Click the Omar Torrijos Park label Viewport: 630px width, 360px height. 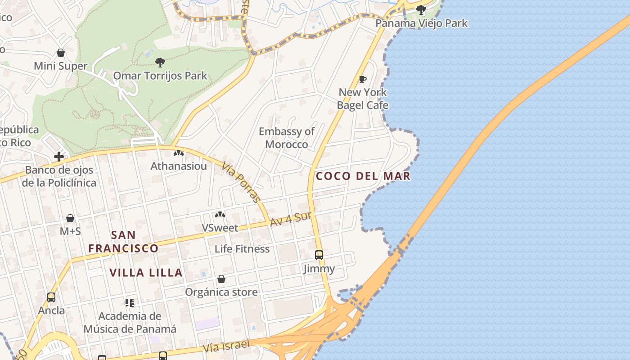[x=160, y=76]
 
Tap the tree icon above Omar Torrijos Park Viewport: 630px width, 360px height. [x=160, y=62]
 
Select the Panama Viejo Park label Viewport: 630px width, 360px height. [x=422, y=23]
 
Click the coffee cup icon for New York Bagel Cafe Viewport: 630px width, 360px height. [x=363, y=80]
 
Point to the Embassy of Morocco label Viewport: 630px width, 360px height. [x=287, y=138]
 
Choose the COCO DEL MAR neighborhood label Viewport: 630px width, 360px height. [x=363, y=176]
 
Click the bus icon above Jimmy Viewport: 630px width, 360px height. [x=319, y=255]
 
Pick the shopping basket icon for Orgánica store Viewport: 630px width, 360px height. [x=221, y=279]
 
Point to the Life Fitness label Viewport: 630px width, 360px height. [x=242, y=249]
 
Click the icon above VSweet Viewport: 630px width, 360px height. [x=220, y=215]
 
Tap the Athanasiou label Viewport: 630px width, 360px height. [x=179, y=166]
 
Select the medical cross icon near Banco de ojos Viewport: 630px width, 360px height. [x=59, y=157]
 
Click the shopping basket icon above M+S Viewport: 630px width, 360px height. [x=70, y=219]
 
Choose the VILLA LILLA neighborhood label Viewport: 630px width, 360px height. [x=146, y=273]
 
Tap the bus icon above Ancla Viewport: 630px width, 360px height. [x=51, y=297]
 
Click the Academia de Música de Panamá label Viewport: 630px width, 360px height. [x=130, y=323]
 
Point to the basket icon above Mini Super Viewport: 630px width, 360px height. [x=61, y=53]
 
